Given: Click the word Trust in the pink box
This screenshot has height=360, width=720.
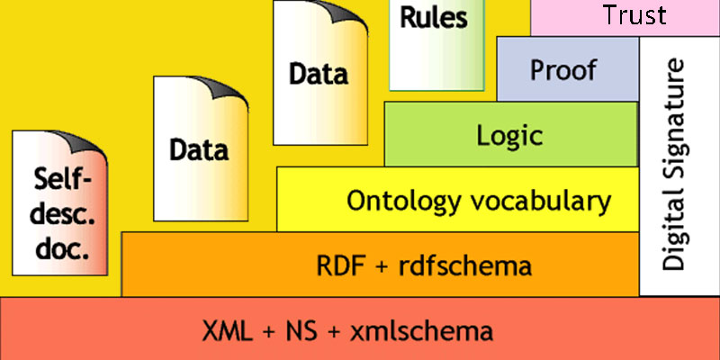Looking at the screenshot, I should click(x=635, y=15).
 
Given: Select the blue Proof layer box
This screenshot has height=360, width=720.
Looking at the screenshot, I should click(x=563, y=69).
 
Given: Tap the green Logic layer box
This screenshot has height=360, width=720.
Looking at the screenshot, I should click(x=509, y=135).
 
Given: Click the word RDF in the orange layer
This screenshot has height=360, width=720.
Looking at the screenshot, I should click(x=339, y=265).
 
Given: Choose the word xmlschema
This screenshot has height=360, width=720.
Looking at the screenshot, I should click(x=419, y=330).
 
